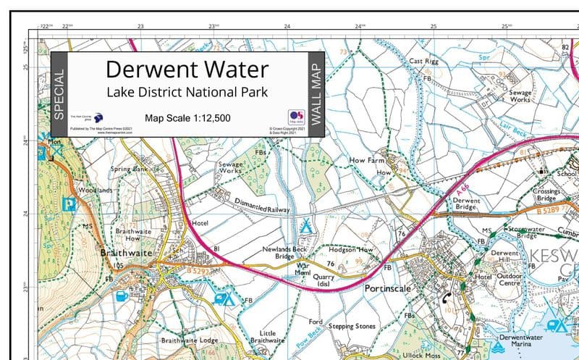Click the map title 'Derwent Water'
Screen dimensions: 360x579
pyautogui.click(x=187, y=70)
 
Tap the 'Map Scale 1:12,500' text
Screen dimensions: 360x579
pyautogui.click(x=187, y=118)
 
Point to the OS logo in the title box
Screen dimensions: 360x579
pyautogui.click(x=295, y=117)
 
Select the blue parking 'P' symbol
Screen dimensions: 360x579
pyautogui.click(x=69, y=204)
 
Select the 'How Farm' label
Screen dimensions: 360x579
pyautogui.click(x=365, y=159)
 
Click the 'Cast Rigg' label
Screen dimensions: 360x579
pyautogui.click(x=425, y=62)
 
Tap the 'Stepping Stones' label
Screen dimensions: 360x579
pyautogui.click(x=352, y=327)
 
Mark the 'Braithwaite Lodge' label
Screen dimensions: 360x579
pyautogui.click(x=190, y=340)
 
